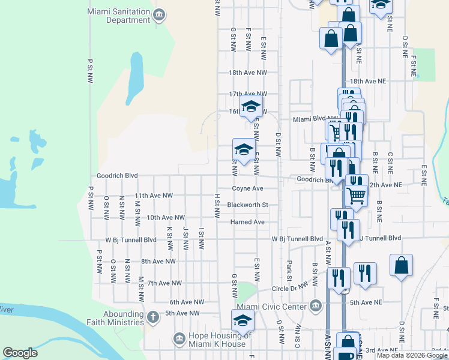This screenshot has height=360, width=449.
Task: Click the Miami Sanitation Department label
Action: (118, 16)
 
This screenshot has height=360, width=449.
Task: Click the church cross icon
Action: (153, 316)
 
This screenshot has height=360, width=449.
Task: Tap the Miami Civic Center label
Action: (281, 307)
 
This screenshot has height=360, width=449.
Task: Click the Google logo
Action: (20, 353)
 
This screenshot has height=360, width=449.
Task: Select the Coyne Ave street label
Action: (248, 188)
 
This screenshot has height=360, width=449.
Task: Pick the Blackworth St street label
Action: (247, 205)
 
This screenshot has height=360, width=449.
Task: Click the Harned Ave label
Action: (247, 222)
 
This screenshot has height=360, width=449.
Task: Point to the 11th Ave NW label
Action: (153, 196)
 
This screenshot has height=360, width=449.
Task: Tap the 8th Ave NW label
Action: (158, 262)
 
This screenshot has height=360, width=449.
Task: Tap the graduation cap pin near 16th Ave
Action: (251, 108)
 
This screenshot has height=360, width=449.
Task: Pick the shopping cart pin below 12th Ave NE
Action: (357, 195)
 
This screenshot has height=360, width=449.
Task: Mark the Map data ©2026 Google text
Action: (412, 355)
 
